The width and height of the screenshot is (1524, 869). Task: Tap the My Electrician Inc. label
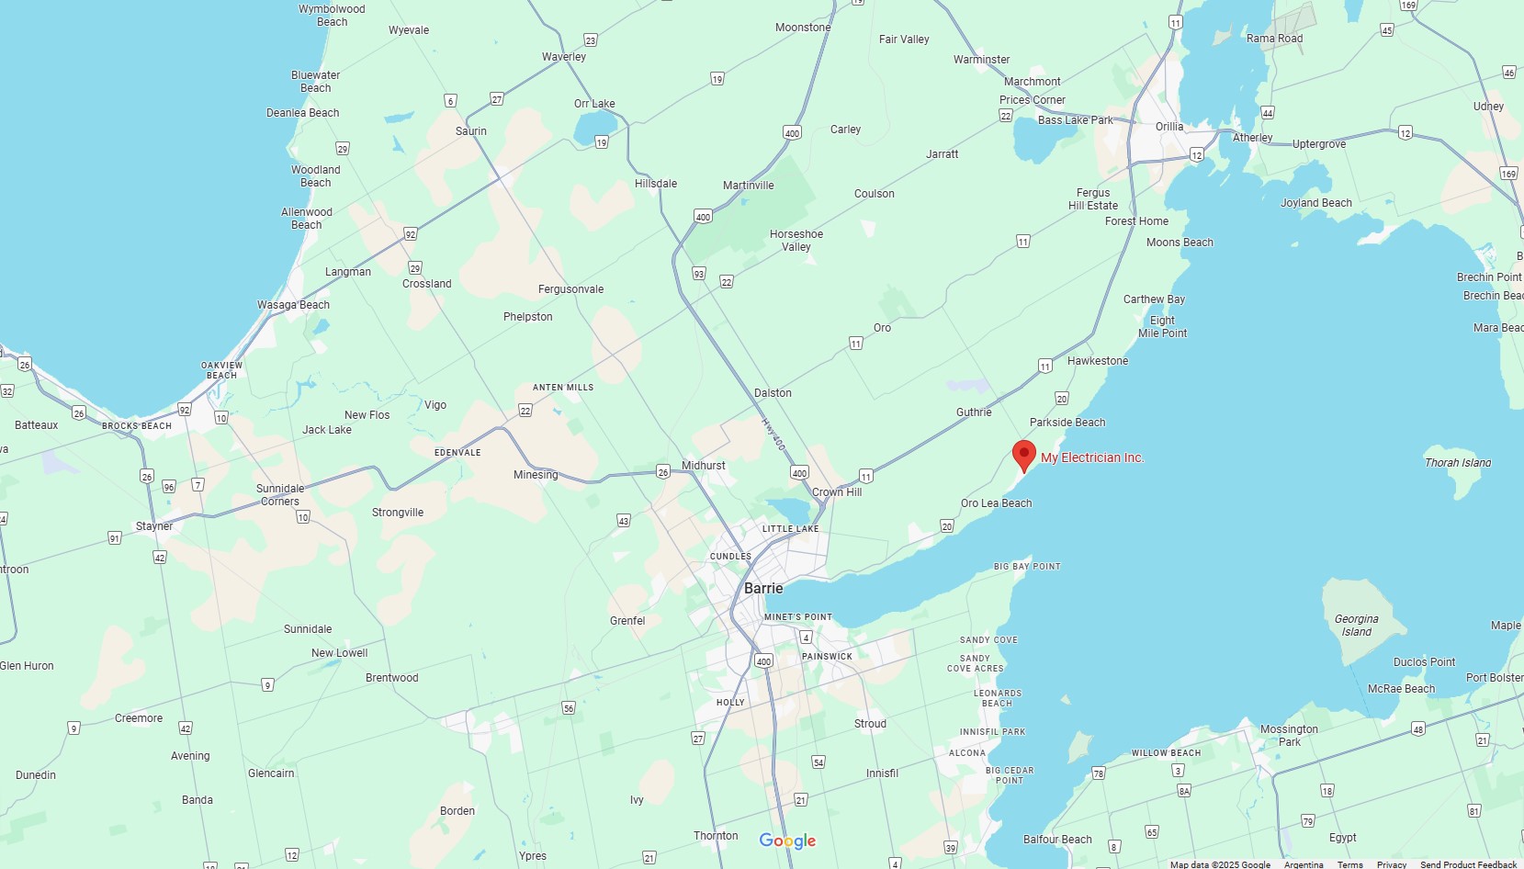(x=1092, y=457)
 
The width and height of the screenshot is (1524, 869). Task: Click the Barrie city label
(x=763, y=588)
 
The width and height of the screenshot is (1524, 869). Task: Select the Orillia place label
(x=1168, y=127)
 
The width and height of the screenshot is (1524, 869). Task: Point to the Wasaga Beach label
(x=293, y=305)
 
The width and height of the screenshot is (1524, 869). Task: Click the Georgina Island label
(x=1356, y=626)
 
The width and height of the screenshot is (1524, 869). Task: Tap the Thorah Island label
(x=1458, y=463)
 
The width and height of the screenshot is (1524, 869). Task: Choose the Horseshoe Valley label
(x=796, y=241)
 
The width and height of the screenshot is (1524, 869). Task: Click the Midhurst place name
(x=704, y=466)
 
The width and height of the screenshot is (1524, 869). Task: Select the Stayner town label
(x=154, y=526)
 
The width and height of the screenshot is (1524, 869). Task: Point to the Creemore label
(x=139, y=718)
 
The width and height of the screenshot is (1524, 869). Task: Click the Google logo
(x=787, y=841)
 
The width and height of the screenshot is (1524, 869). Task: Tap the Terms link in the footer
(x=1349, y=864)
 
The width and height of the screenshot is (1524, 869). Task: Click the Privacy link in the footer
(x=1392, y=864)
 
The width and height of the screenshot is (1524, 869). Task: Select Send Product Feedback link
(x=1468, y=864)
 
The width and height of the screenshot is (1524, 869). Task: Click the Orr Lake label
(x=594, y=104)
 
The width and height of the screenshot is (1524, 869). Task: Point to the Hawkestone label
(x=1098, y=361)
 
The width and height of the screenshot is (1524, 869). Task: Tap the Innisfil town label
(x=882, y=773)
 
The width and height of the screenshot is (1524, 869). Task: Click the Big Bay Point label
(x=1027, y=567)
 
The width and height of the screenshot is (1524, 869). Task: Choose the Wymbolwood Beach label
(x=332, y=16)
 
